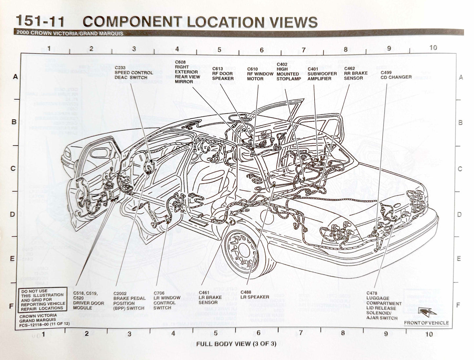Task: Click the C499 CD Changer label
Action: click(396, 75)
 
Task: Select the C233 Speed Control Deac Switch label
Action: click(134, 72)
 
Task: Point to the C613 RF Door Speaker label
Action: click(223, 73)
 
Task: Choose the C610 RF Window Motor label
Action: click(260, 74)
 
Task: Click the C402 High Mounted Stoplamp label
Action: click(288, 71)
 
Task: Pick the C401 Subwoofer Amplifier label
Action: click(322, 74)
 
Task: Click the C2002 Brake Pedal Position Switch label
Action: click(129, 301)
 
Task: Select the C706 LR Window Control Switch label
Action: click(167, 300)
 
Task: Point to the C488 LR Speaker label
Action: click(255, 295)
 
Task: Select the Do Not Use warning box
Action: click(43, 300)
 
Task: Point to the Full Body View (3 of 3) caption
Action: click(236, 344)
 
